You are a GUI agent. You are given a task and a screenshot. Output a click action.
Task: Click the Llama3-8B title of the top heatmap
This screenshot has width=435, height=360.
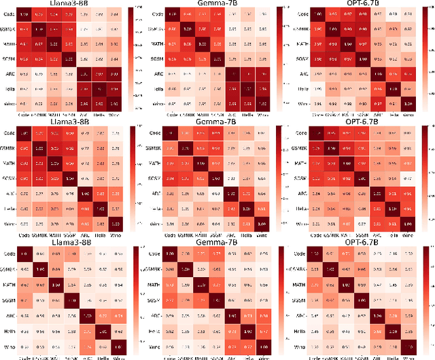click(x=71, y=4)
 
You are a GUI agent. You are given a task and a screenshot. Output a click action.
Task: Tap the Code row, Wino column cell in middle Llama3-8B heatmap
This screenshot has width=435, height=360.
click(x=118, y=133)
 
